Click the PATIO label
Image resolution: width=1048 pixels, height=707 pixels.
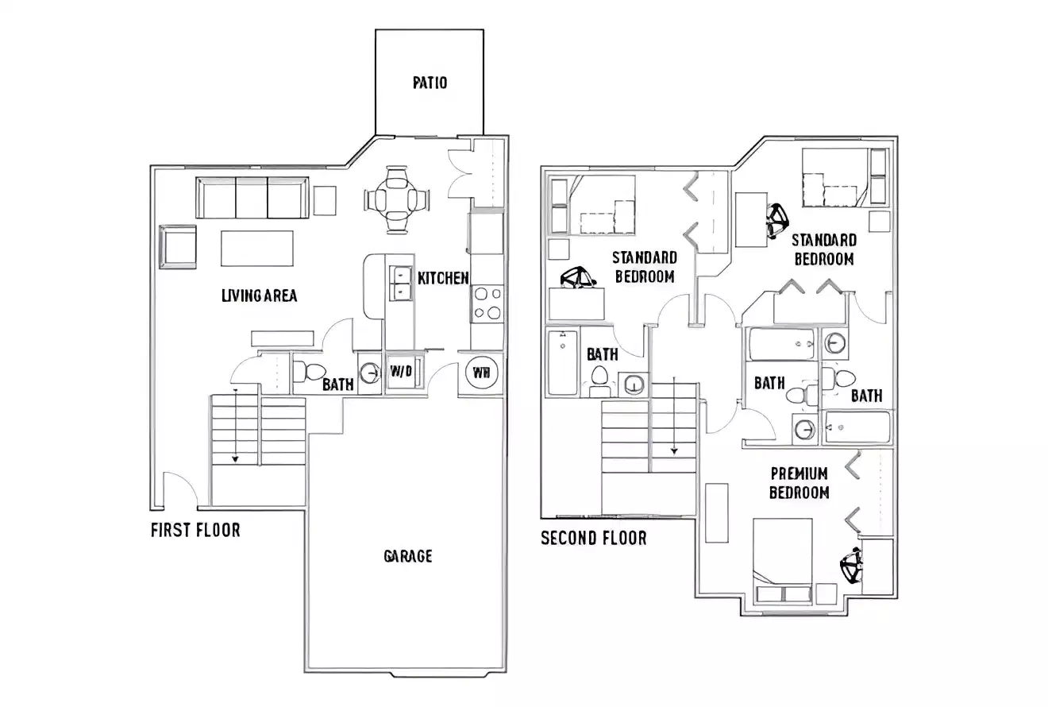(x=430, y=83)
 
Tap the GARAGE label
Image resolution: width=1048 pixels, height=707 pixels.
(x=408, y=556)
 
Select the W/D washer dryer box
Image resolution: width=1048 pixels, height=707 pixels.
(x=400, y=372)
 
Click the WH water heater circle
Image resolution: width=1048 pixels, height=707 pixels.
(x=480, y=372)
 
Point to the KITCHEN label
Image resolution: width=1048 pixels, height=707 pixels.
(x=443, y=278)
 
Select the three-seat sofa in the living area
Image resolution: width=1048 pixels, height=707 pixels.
(x=252, y=198)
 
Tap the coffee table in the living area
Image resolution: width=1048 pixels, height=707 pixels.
(x=256, y=248)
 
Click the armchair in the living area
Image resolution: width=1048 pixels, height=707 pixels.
(x=178, y=247)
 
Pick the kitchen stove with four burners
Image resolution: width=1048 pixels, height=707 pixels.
(x=487, y=303)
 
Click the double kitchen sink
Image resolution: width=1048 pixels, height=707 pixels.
(x=401, y=284)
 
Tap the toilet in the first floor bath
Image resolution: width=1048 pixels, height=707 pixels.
(x=310, y=372)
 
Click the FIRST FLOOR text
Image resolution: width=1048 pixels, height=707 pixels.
(x=195, y=530)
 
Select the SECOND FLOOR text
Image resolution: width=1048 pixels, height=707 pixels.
(x=593, y=539)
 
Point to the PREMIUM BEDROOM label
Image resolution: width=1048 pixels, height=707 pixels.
(x=799, y=483)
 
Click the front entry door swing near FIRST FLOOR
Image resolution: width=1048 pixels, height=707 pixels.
(x=179, y=489)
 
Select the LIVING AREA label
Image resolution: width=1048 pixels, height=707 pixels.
(x=259, y=296)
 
